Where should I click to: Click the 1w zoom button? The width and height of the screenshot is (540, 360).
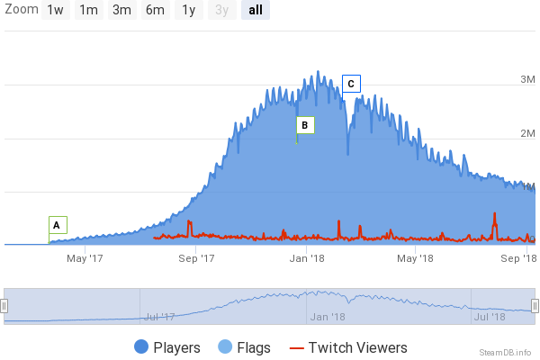[x=56, y=11]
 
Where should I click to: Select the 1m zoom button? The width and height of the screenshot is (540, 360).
[x=88, y=11]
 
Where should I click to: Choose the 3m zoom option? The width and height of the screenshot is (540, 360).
[x=121, y=11]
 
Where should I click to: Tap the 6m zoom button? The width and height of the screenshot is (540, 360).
[x=155, y=11]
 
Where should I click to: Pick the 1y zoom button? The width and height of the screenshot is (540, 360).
[x=188, y=11]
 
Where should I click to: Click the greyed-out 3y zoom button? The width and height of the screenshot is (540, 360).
[x=221, y=11]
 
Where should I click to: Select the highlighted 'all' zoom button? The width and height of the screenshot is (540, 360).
[x=255, y=11]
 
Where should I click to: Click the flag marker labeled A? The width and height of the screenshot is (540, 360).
[x=57, y=225]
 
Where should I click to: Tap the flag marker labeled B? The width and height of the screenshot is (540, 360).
[x=305, y=124]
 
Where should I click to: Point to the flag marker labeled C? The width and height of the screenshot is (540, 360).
[x=351, y=84]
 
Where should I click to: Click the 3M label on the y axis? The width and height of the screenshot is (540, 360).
[x=528, y=80]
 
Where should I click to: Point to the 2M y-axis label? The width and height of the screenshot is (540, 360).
[x=528, y=133]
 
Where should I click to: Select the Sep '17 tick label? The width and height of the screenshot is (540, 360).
[x=196, y=258]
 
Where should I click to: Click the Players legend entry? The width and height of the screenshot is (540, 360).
[x=166, y=347]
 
